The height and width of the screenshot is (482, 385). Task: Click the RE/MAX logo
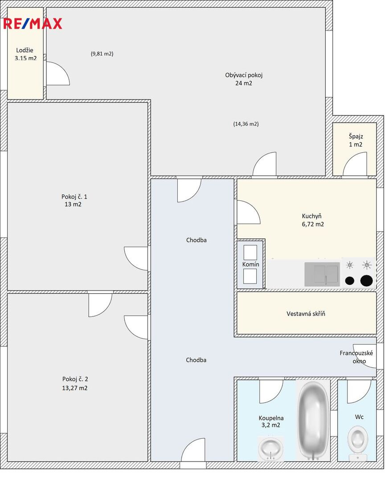(x=33, y=24)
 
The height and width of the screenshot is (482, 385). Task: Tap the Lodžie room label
(x=25, y=50)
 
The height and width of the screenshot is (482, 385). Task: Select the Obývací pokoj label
(x=244, y=75)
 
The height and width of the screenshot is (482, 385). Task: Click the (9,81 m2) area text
(x=102, y=54)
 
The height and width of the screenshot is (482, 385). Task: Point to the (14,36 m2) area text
(x=246, y=124)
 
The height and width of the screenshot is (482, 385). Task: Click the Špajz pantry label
(x=356, y=137)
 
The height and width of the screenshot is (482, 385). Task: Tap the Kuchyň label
(x=311, y=216)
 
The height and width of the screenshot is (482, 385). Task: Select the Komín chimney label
(x=250, y=264)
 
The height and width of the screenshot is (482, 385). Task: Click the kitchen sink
(x=322, y=274)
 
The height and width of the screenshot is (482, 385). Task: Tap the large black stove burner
(x=367, y=281)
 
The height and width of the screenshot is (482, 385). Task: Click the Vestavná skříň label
(x=306, y=314)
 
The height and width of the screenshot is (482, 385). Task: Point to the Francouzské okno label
(x=356, y=357)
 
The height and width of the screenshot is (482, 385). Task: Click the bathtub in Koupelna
(x=313, y=420)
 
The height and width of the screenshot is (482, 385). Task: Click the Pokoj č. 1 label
(x=74, y=197)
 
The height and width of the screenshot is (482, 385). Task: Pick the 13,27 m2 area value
(x=74, y=388)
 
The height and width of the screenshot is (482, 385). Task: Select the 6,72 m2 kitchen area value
(x=313, y=224)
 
